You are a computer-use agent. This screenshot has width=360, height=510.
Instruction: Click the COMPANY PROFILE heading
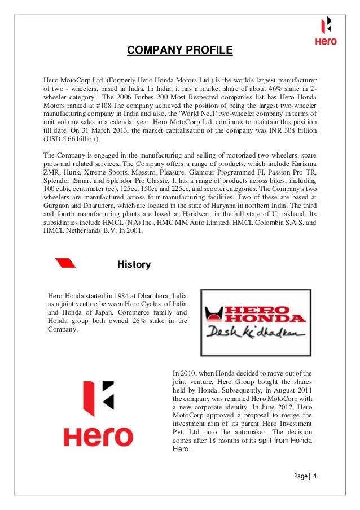click(x=179, y=51)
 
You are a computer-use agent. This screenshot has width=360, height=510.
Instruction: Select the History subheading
click(x=134, y=264)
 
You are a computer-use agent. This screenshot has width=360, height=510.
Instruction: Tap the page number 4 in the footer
click(x=315, y=476)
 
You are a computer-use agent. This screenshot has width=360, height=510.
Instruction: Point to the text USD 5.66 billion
click(x=71, y=139)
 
